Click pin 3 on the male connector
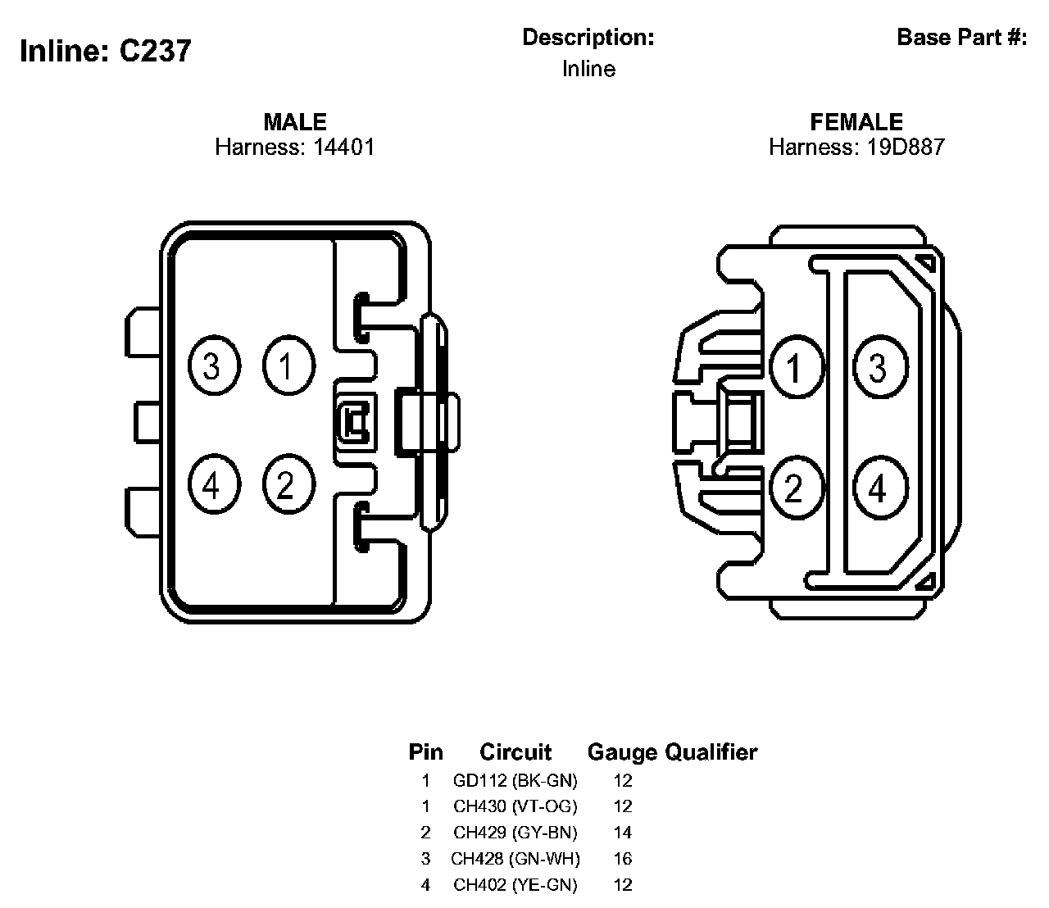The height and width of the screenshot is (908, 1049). point(213,365)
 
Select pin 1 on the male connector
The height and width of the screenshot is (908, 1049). point(287,365)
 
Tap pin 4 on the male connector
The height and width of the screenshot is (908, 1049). point(213,486)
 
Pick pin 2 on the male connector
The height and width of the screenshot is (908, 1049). point(287,486)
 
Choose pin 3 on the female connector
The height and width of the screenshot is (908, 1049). point(879,368)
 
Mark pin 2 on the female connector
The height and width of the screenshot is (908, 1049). point(794,488)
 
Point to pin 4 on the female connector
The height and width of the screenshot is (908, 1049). point(879,488)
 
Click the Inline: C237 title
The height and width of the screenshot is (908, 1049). point(106,52)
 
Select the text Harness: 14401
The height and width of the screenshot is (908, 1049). point(295,148)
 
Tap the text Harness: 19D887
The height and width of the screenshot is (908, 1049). point(856,148)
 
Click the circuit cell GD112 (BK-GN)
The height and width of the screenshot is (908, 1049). point(515,780)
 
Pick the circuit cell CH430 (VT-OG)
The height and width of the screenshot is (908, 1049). point(515,806)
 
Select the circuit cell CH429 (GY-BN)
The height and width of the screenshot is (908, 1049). point(515,833)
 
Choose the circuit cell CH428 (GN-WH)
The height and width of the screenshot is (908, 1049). point(515,859)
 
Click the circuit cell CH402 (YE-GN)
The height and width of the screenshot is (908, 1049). point(515,885)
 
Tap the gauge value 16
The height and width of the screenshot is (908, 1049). point(623,859)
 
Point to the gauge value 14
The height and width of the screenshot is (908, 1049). point(623,833)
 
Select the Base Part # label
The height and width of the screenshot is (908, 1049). point(961,38)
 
